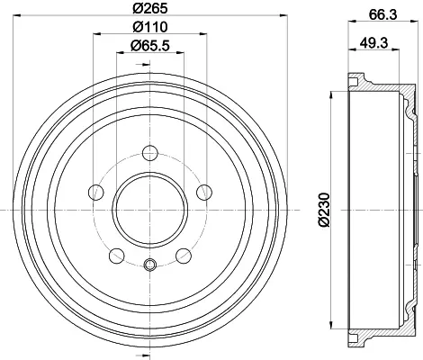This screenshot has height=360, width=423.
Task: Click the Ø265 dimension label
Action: (150, 8)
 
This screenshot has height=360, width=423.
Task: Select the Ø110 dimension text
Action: (150, 27)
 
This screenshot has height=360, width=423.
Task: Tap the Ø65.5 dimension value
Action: (150, 46)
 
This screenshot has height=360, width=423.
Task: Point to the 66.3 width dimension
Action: (382, 14)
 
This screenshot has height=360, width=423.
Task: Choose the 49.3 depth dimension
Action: (373, 42)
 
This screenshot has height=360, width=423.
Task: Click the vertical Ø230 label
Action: (324, 210)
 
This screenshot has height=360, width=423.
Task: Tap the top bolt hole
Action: (150, 153)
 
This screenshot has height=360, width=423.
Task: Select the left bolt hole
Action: (96, 193)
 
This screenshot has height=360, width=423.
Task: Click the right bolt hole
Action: (204, 193)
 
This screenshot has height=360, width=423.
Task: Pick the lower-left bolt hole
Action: (117, 256)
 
